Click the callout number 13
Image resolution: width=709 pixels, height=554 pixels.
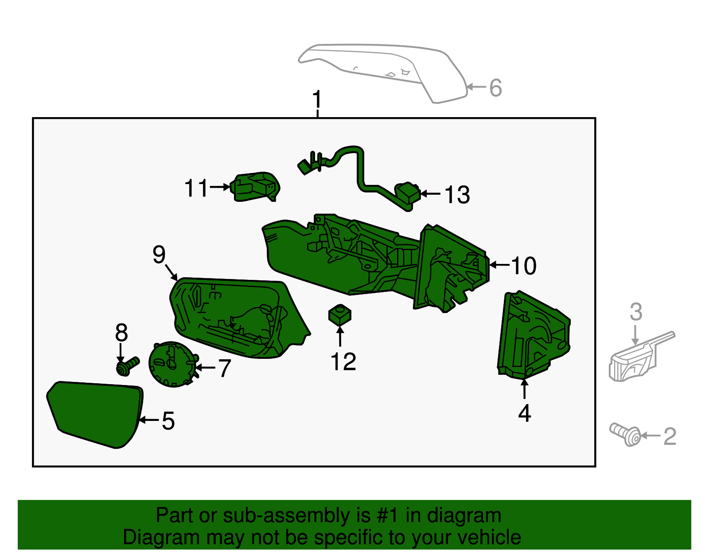[457, 195]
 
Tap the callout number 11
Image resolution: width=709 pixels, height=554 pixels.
[196, 188]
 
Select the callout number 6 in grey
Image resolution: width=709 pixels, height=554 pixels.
[495, 88]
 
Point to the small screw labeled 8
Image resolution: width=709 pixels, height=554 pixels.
[127, 366]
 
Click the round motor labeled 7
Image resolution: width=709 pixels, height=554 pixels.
[172, 364]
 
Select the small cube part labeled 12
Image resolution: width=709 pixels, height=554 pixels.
[340, 315]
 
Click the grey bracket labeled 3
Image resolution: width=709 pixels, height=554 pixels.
[638, 357]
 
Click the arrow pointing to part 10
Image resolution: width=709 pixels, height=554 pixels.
[499, 265]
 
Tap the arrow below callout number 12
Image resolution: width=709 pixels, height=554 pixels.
[340, 337]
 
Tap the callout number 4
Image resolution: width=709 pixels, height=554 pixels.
[524, 413]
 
